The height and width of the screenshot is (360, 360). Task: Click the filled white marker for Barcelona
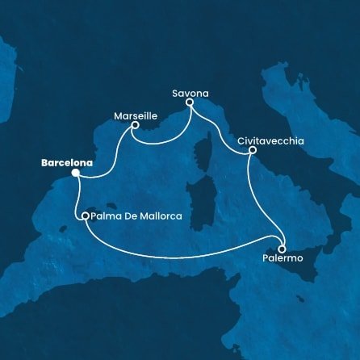coord(75,172)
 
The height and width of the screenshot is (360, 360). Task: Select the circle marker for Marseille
coord(135,125)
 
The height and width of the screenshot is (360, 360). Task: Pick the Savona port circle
coord(190,103)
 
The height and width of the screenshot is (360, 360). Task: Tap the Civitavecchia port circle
coord(253,150)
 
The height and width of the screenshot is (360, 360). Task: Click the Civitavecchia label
coord(271,140)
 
